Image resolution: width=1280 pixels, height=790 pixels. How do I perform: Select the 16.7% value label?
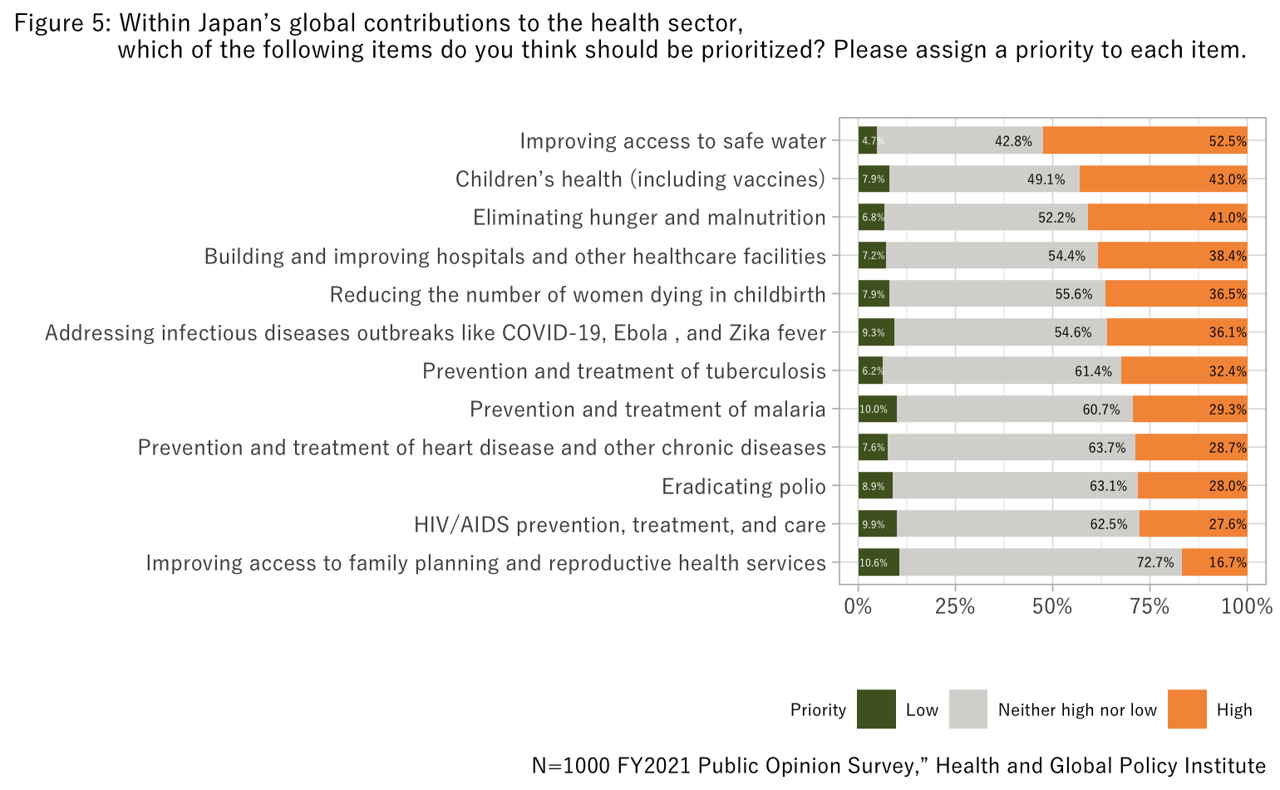click(x=1228, y=563)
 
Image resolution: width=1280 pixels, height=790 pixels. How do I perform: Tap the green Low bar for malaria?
click(x=877, y=410)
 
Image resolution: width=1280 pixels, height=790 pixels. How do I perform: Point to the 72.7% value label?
click(x=1155, y=563)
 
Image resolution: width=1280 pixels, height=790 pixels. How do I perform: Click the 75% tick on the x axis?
click(x=1150, y=606)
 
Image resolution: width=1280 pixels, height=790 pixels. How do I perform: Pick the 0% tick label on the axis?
click(x=858, y=606)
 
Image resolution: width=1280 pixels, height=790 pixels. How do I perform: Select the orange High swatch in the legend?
click(x=1187, y=709)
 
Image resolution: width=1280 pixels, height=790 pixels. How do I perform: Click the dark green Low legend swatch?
click(x=876, y=709)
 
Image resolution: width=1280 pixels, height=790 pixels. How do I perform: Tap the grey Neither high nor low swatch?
click(x=968, y=709)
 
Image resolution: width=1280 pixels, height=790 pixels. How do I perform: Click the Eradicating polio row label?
click(x=743, y=487)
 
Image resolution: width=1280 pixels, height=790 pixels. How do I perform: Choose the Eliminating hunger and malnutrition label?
click(x=649, y=218)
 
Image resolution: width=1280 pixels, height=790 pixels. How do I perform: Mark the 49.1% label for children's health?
click(x=1046, y=179)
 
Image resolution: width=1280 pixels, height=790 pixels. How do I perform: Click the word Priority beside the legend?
click(x=818, y=710)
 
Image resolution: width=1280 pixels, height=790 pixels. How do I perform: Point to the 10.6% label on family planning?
click(x=874, y=563)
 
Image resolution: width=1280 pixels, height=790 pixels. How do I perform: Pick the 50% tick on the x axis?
click(x=1052, y=606)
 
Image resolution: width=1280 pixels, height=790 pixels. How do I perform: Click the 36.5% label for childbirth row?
click(x=1228, y=295)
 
